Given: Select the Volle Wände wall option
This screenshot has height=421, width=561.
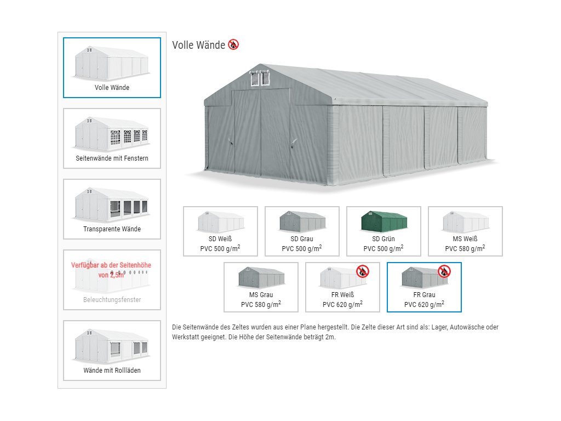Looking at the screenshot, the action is (x=112, y=67).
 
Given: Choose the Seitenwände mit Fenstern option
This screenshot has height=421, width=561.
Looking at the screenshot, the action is (x=112, y=138).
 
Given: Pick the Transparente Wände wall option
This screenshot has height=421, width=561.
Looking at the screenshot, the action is (x=112, y=209).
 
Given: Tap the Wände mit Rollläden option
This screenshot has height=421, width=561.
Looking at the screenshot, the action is (x=112, y=350).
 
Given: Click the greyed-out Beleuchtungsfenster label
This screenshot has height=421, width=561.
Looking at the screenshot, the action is (x=112, y=300).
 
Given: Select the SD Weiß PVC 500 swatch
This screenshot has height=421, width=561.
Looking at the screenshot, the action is (x=220, y=231).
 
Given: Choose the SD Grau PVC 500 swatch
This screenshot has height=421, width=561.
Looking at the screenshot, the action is (x=302, y=231).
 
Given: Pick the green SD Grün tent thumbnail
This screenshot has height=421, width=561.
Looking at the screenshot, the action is (x=384, y=221).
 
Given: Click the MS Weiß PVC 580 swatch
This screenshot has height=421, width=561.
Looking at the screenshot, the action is (x=465, y=231).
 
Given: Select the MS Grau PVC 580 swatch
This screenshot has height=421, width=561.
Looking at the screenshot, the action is (x=261, y=287).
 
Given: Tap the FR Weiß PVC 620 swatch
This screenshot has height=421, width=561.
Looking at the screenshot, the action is (x=342, y=287).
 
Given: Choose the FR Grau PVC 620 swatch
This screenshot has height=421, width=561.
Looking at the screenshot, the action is (x=424, y=287).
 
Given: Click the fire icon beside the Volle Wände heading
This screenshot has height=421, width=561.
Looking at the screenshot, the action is (x=233, y=44).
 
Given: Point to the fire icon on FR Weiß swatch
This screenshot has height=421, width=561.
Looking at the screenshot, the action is (x=363, y=271).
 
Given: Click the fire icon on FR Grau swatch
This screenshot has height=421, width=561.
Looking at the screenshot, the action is (x=444, y=271).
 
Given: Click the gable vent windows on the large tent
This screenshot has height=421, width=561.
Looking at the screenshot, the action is (x=260, y=78).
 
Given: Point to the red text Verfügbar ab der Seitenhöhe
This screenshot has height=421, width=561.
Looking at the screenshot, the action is (x=111, y=265).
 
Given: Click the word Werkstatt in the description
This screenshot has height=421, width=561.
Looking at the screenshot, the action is (x=186, y=337).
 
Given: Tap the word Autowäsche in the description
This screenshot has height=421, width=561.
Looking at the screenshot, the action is (x=470, y=327).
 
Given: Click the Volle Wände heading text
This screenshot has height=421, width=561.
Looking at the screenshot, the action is (x=198, y=45).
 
